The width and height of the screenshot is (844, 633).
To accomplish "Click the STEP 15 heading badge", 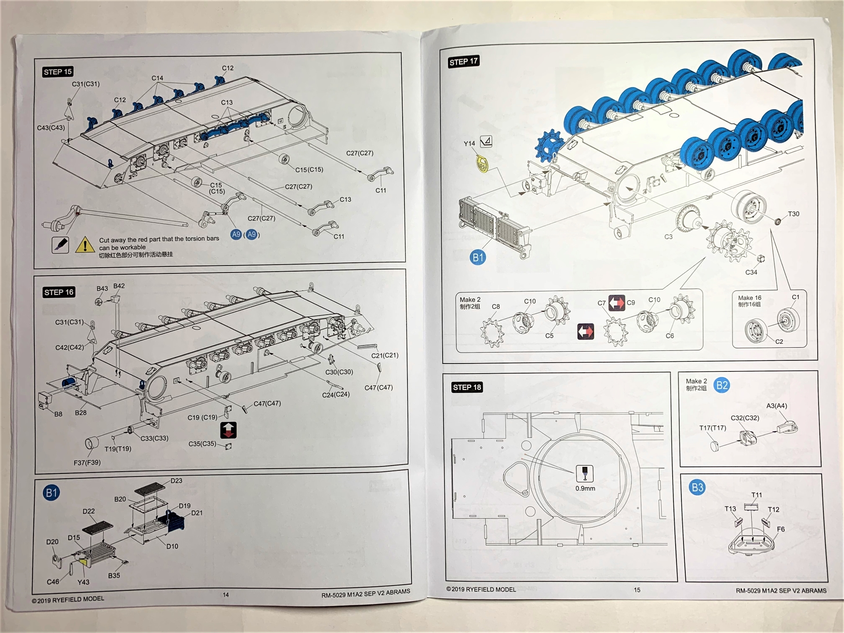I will pyautogui.click(x=58, y=72).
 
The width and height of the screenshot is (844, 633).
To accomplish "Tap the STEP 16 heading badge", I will pyautogui.click(x=59, y=292).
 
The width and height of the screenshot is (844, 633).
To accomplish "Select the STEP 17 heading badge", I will pyautogui.click(x=463, y=62).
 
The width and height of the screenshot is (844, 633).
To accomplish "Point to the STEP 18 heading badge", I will pyautogui.click(x=467, y=387).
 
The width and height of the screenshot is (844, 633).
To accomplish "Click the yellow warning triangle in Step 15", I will pyautogui.click(x=85, y=245).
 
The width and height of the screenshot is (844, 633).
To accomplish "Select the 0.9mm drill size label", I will pyautogui.click(x=585, y=488).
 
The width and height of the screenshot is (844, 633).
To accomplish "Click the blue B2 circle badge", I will pyautogui.click(x=722, y=386).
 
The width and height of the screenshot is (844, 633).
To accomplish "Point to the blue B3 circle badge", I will pyautogui.click(x=697, y=487).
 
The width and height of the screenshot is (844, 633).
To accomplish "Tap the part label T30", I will pyautogui.click(x=793, y=214).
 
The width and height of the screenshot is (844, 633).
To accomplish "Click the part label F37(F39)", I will pyautogui.click(x=87, y=462).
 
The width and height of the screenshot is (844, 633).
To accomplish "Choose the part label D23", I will pyautogui.click(x=176, y=481).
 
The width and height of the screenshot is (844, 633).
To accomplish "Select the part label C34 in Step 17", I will pyautogui.click(x=751, y=272).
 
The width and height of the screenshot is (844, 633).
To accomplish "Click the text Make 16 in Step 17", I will pyautogui.click(x=749, y=298).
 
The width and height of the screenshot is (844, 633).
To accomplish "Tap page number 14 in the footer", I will pyautogui.click(x=226, y=595).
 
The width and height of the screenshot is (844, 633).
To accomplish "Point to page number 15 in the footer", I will pyautogui.click(x=637, y=590).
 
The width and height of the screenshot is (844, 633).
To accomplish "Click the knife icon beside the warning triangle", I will pyautogui.click(x=60, y=245).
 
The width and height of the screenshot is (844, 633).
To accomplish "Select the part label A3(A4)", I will pyautogui.click(x=776, y=406).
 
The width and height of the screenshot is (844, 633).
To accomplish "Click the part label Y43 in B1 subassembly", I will pyautogui.click(x=83, y=582).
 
